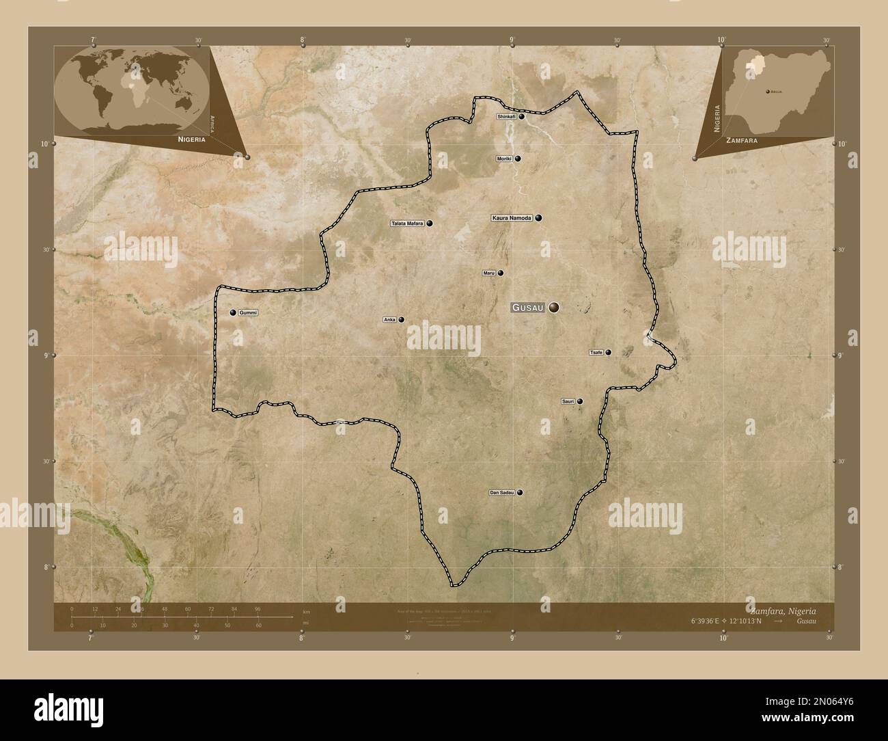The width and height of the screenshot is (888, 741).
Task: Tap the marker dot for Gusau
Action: pos(553,308)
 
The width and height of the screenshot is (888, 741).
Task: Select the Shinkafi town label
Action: pos(506,117)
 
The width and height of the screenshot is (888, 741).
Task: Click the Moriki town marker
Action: pos(518,159)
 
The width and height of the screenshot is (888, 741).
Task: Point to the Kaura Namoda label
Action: pos(512,218)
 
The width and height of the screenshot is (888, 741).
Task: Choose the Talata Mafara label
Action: pos(408,224)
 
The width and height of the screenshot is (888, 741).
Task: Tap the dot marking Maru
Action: pos(500,273)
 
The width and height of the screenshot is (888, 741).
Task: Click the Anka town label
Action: pos(390,319)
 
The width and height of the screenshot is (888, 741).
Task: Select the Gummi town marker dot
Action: pos(233,312)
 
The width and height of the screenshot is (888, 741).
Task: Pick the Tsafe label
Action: pos(596,353)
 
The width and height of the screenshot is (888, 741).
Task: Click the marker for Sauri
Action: pos(580,401)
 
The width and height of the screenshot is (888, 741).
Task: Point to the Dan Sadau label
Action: pos(501,492)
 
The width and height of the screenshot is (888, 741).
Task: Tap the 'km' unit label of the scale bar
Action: pos(306,610)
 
